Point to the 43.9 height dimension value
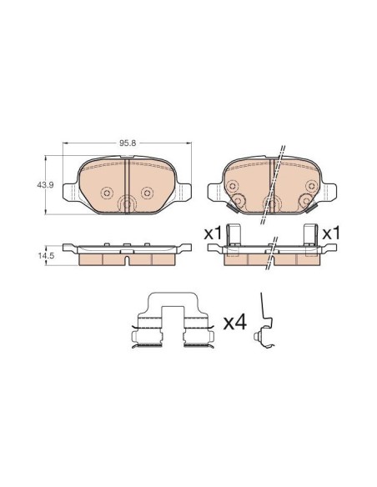point(45,185)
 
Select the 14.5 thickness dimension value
point(46,256)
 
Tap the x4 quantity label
point(235,323)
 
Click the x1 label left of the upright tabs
point(213,233)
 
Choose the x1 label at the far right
point(331,233)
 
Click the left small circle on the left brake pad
point(107,193)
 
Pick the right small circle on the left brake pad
point(147,193)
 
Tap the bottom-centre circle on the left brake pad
point(127,204)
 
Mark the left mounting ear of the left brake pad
point(70,191)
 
